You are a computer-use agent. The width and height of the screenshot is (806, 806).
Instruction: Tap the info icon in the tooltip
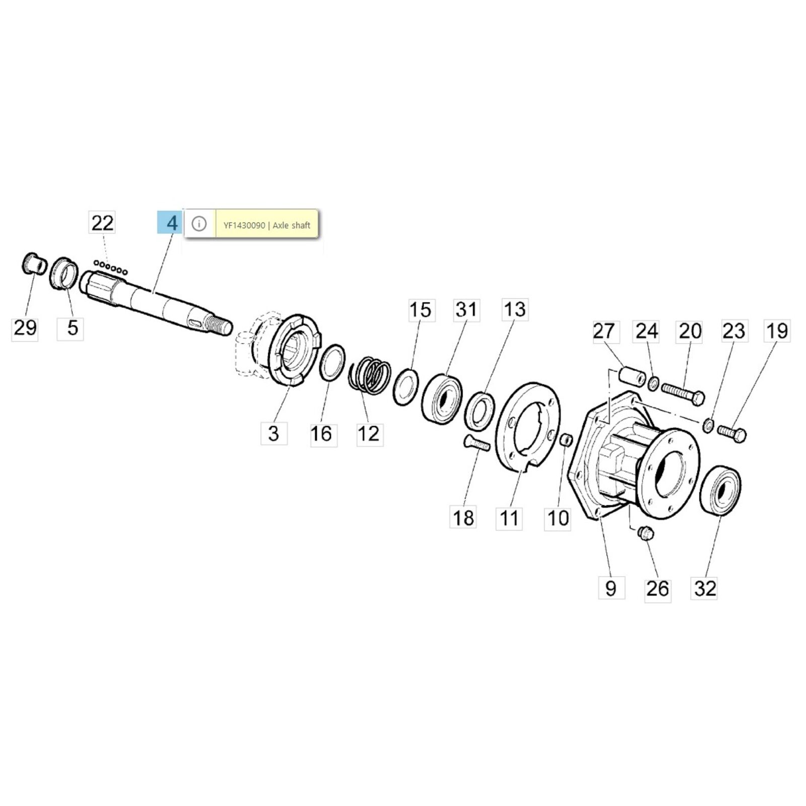pyautogui.click(x=199, y=224)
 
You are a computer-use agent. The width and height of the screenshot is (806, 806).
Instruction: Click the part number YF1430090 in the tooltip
pyautogui.click(x=244, y=226)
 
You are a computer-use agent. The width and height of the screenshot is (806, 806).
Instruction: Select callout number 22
pyautogui.click(x=102, y=223)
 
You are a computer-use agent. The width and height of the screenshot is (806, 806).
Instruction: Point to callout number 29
pyautogui.click(x=25, y=328)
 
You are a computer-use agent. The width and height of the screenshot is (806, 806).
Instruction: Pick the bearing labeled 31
pyautogui.click(x=442, y=399)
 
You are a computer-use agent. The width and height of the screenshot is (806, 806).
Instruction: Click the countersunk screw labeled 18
pyautogui.click(x=476, y=444)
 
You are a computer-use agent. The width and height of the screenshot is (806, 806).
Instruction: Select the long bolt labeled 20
pyautogui.click(x=683, y=393)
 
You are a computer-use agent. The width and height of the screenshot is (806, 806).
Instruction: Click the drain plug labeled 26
pyautogui.click(x=645, y=532)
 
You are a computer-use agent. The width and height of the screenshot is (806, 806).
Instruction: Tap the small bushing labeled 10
pyautogui.click(x=566, y=439)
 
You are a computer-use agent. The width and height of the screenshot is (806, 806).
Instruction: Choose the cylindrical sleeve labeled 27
pyautogui.click(x=632, y=376)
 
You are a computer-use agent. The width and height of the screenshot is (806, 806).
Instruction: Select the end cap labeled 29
pyautogui.click(x=35, y=263)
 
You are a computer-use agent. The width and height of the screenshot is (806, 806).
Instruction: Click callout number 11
pyautogui.click(x=509, y=517)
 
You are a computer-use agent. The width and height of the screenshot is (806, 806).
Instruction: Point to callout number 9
pyautogui.click(x=611, y=588)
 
